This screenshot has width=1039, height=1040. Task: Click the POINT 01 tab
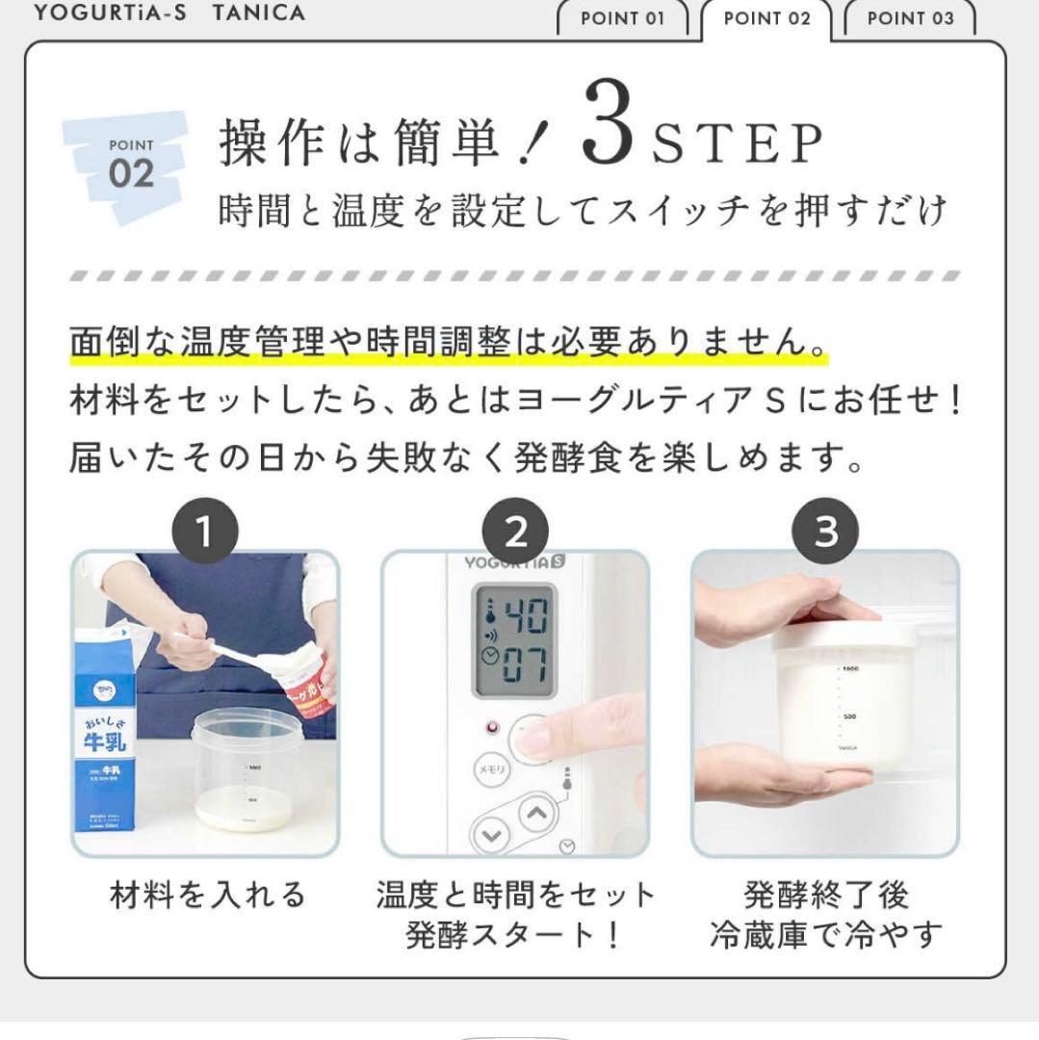[x=622, y=18]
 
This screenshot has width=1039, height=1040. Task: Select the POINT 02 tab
[x=766, y=18]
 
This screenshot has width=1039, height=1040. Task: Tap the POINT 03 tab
[x=910, y=18]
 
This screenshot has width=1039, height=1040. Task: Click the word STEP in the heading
[x=739, y=145]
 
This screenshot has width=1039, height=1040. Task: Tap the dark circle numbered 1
[x=205, y=532]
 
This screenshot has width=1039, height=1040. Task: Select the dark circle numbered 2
[x=516, y=532]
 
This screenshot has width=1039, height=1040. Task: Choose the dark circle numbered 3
[x=826, y=532]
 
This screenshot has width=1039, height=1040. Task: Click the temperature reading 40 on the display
[x=525, y=613]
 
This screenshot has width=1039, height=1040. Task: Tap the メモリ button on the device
[x=489, y=769]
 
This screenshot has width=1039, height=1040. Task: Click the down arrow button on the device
[x=492, y=833]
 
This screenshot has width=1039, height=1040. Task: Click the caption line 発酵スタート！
[x=515, y=934]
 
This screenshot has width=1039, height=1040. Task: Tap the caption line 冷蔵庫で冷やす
[x=825, y=934]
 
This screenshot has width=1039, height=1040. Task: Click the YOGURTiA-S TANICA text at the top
[x=169, y=13]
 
